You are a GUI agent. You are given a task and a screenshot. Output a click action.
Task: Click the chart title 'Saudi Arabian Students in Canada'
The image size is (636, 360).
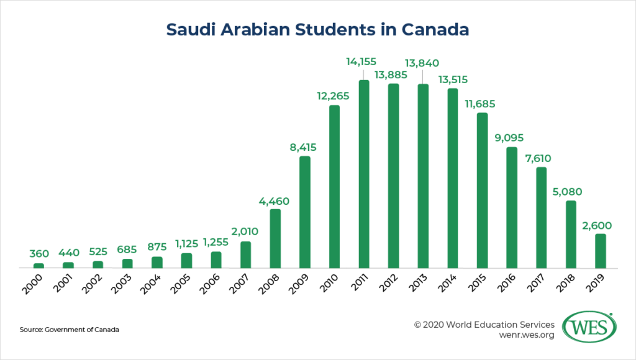pyautogui.click(x=317, y=29)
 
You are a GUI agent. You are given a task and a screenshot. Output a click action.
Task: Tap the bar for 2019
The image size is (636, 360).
pyautogui.click(x=600, y=251)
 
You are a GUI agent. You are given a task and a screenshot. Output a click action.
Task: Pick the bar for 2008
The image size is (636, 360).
pyautogui.click(x=275, y=239)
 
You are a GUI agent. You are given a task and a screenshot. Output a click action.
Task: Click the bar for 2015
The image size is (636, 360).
pyautogui.click(x=482, y=191)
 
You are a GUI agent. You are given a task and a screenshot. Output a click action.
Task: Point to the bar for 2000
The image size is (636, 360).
pyautogui.click(x=39, y=266)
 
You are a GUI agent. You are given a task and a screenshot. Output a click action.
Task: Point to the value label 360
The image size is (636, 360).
pyautogui.click(x=39, y=254)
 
